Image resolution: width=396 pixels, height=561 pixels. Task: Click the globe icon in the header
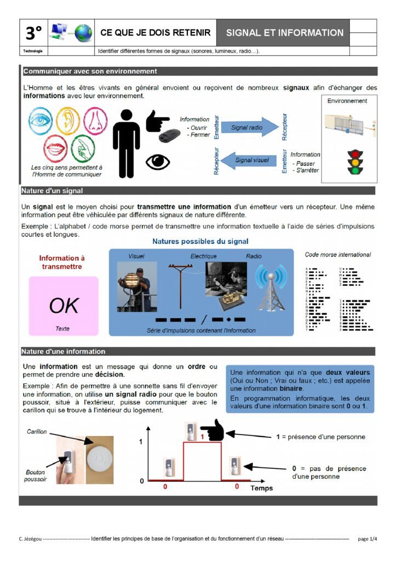pyautogui.click(x=83, y=33)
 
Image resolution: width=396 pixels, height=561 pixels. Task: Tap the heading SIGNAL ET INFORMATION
pyautogui.click(x=285, y=33)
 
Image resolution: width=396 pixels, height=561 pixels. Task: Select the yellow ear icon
pyautogui.click(x=68, y=121)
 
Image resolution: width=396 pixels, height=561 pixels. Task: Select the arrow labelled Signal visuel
pyautogui.click(x=249, y=160)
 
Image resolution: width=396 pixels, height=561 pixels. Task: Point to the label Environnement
pyautogui.click(x=347, y=101)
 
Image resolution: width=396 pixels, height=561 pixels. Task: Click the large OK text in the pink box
pyautogui.click(x=64, y=305)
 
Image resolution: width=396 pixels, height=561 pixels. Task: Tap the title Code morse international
pyautogui.click(x=337, y=254)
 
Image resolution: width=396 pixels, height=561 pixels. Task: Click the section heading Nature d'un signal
pyautogui.click(x=51, y=191)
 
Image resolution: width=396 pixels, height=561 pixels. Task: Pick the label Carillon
pyautogui.click(x=37, y=432)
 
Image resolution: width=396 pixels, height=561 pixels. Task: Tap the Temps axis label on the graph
pyautogui.click(x=261, y=488)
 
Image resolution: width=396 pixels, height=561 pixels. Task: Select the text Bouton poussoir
pyautogui.click(x=35, y=475)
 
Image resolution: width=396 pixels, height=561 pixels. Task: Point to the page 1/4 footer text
pyautogui.click(x=368, y=539)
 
